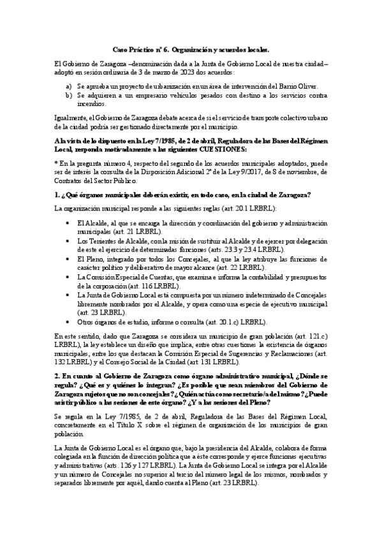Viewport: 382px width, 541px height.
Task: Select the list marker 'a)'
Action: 70,85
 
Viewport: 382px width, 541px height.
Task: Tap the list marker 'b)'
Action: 70,94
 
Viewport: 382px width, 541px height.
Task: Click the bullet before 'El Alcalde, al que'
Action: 68,223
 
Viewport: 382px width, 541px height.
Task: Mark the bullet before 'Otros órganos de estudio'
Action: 68,322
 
